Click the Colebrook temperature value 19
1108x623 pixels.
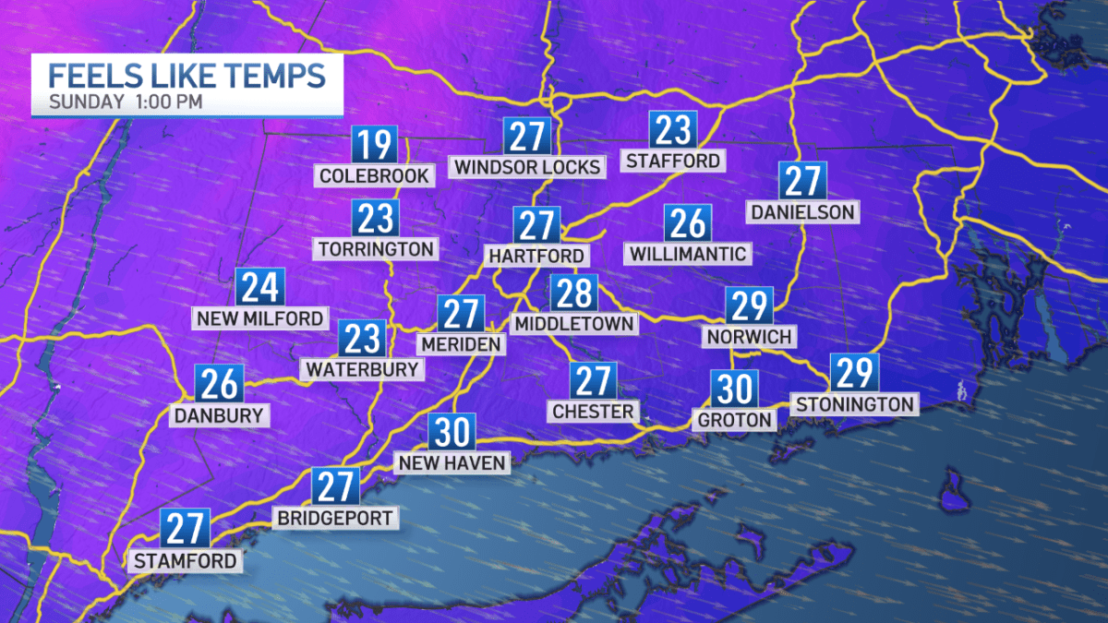374,146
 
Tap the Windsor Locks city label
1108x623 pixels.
527,167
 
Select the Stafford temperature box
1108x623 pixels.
672,131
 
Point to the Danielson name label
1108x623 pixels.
801,212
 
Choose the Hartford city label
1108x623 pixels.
536,255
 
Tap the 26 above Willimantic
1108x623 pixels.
687,223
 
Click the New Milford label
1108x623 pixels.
259,318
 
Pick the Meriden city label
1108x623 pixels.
461,343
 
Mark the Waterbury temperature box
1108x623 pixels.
361,339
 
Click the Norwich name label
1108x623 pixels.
749,336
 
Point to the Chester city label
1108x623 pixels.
592,411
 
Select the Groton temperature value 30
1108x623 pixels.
734,389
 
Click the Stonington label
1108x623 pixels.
854,403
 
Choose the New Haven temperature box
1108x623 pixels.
452,432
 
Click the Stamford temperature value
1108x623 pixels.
186,528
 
